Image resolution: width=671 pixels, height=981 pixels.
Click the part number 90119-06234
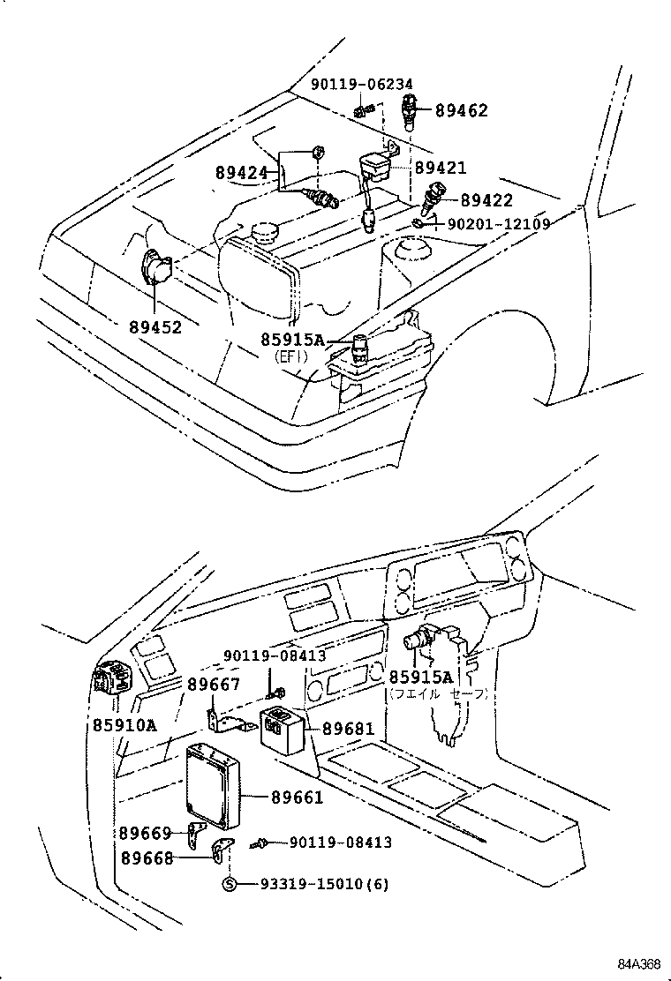tap(361, 84)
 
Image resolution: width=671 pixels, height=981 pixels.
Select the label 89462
tap(459, 111)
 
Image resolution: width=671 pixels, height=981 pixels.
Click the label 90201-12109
tap(499, 224)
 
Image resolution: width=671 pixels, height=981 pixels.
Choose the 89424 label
tap(241, 173)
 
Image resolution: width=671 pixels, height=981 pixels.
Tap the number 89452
tap(155, 327)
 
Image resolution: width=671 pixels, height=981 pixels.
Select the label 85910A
tap(124, 725)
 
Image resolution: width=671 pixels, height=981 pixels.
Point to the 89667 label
tap(213, 684)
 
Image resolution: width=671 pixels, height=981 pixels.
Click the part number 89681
tap(348, 729)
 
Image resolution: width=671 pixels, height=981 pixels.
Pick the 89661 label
tap(297, 797)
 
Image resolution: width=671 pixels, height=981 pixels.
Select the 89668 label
tap(147, 857)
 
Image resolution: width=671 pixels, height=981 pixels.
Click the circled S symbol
tap(229, 884)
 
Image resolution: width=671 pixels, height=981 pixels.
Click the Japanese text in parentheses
tap(438, 694)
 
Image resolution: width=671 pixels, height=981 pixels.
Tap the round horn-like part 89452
tap(155, 267)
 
